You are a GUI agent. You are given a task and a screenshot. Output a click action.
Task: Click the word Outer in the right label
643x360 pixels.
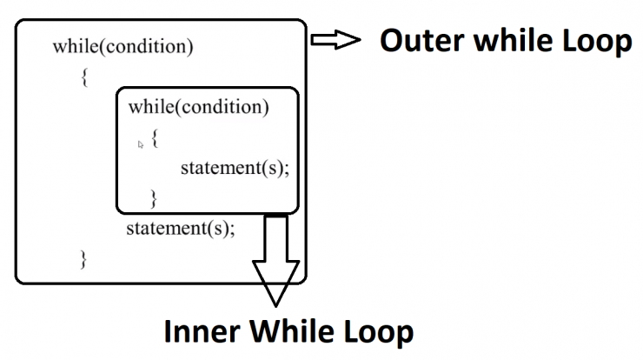pos(421,40)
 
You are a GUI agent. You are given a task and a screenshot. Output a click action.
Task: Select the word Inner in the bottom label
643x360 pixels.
pos(202,331)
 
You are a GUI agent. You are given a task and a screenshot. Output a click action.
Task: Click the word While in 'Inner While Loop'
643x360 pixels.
pos(292,331)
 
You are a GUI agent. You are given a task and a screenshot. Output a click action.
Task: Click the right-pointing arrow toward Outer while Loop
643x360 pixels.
pos(335,40)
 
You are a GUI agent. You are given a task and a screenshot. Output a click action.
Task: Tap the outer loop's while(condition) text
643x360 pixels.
pos(123,46)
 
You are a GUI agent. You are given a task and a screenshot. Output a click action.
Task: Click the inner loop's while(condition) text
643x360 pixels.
pos(198,107)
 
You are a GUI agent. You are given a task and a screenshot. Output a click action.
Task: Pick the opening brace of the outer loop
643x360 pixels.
pos(84,77)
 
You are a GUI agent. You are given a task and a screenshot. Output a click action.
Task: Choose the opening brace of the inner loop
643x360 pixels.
pos(155,138)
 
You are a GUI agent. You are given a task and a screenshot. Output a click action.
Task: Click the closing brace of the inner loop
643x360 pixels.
pos(154,198)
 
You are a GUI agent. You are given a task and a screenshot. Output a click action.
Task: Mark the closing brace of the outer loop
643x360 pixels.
pos(83,259)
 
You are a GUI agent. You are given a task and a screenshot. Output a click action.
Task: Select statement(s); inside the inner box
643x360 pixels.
pos(235,168)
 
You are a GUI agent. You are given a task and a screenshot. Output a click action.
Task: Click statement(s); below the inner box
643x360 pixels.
pos(181,228)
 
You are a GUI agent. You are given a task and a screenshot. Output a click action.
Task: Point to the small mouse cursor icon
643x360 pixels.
pos(141,144)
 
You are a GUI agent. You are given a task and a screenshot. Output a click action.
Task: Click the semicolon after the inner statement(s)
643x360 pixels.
pos(286,170)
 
